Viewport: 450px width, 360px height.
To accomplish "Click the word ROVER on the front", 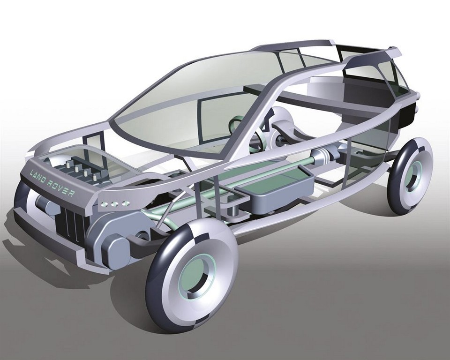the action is [61, 188].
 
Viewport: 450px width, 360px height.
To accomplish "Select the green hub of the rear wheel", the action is [413, 175].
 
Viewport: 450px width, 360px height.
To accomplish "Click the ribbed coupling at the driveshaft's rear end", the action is [322, 155].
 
